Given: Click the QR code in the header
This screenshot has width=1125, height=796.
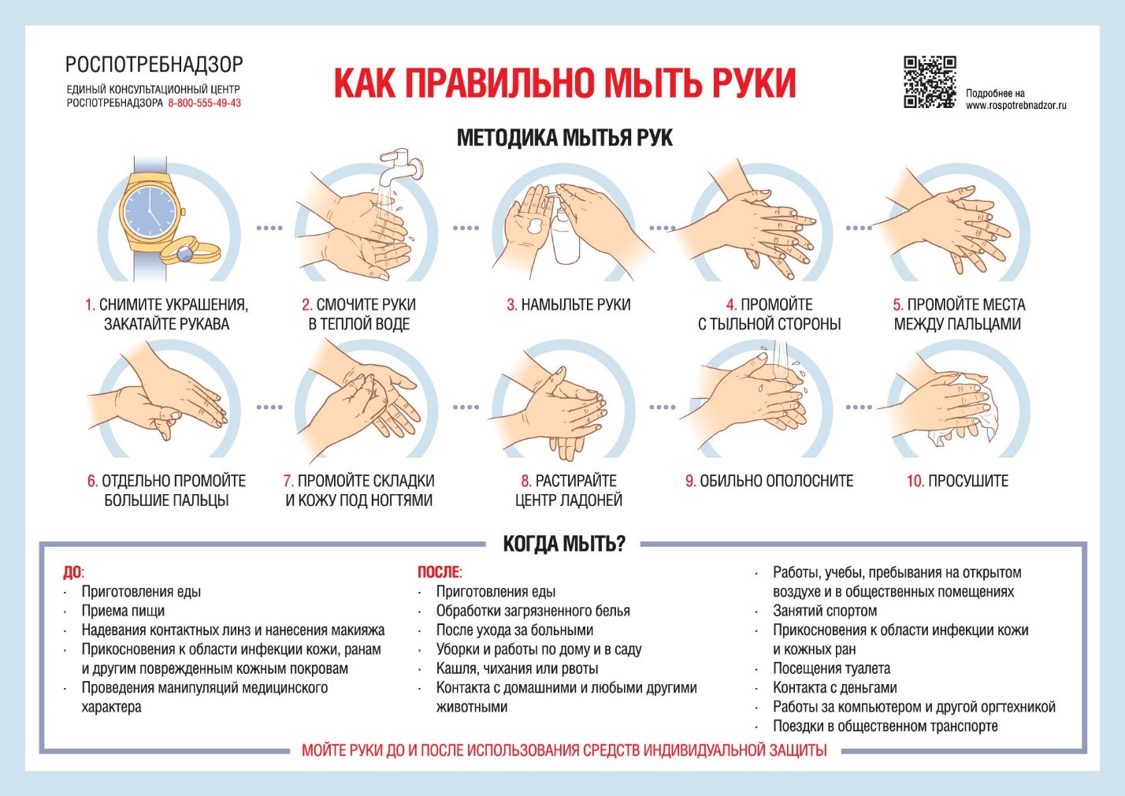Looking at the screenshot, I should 930,82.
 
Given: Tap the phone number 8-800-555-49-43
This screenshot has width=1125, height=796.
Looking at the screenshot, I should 205,103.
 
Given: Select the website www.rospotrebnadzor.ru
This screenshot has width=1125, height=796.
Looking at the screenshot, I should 1015,105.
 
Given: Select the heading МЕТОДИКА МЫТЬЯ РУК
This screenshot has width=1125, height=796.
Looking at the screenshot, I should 564,138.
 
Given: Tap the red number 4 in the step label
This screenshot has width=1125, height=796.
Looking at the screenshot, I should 731,305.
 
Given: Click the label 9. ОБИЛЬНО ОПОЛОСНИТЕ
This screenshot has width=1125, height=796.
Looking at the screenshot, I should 769,481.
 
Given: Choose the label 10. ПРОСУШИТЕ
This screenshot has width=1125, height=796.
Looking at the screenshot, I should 957,481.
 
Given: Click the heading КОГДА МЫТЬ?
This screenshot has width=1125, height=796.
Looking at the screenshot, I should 563,544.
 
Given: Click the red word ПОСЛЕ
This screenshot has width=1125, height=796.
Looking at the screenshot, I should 439,572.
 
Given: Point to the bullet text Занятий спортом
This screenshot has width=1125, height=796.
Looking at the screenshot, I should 824,611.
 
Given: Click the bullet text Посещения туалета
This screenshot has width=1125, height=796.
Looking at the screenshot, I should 831,668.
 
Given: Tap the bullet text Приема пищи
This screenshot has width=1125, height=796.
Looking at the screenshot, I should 123,611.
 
